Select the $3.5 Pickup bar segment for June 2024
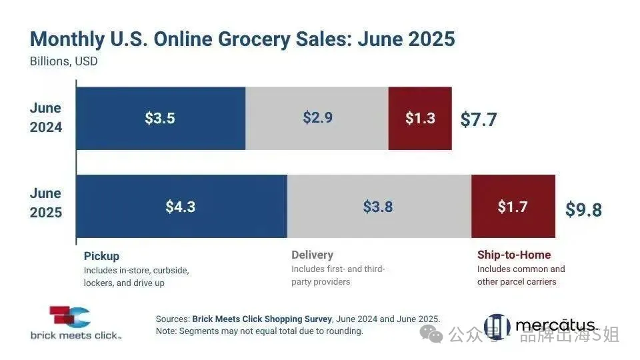(x=160, y=118)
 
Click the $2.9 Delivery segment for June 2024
(x=317, y=118)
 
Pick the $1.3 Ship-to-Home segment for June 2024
(x=420, y=118)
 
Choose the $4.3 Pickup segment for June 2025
(x=181, y=206)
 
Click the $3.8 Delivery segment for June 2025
(x=378, y=206)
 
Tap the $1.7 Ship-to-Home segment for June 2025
(x=513, y=206)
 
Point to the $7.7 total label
(x=479, y=119)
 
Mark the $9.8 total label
(x=583, y=209)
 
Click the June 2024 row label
(x=45, y=117)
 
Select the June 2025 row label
(x=45, y=203)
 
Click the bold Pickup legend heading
(x=101, y=255)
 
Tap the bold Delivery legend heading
(x=312, y=255)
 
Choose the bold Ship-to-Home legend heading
(x=513, y=255)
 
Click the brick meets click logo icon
(x=69, y=317)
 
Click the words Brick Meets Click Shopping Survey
(x=261, y=319)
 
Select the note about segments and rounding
(x=259, y=331)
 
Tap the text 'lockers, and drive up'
(x=124, y=283)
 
